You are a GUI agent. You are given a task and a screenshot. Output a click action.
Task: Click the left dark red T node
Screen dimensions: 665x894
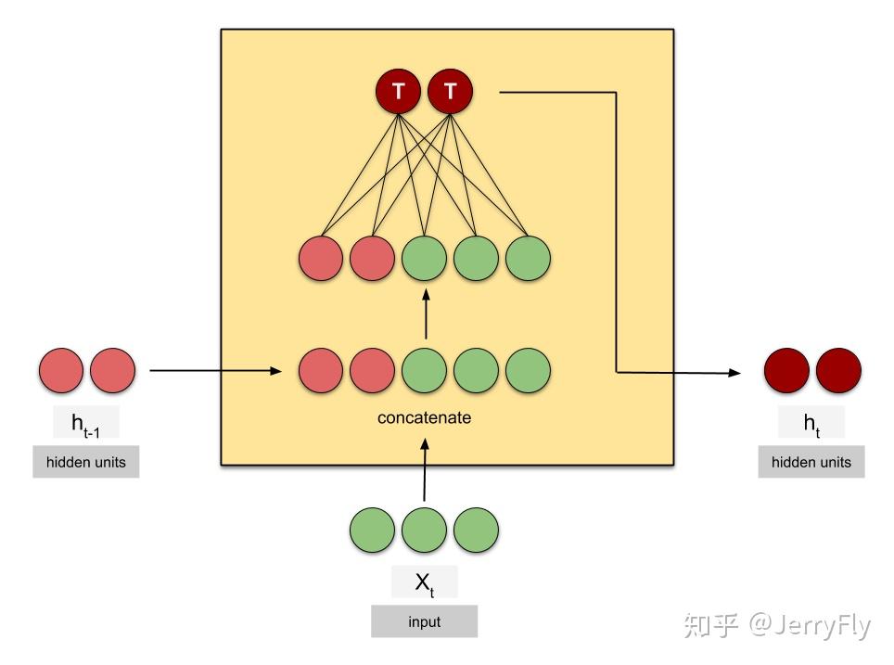click(x=398, y=91)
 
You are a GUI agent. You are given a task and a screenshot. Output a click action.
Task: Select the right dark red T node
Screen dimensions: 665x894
click(x=450, y=91)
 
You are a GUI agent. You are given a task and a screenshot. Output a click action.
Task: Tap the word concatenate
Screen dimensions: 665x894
click(x=424, y=417)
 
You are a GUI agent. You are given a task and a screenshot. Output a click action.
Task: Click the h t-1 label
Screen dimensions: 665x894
click(x=85, y=425)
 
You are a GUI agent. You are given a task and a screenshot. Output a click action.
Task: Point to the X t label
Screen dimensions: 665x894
click(x=424, y=582)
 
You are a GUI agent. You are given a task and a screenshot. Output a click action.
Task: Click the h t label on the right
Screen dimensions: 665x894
click(x=811, y=424)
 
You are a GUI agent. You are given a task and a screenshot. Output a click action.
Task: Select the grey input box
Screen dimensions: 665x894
click(x=424, y=621)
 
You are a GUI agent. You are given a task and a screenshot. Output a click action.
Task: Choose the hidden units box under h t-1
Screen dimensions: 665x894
click(x=85, y=462)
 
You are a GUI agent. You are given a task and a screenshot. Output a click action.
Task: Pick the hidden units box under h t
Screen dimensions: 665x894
click(x=811, y=462)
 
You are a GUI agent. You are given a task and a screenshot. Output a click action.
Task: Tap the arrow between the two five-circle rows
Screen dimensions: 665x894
click(x=425, y=315)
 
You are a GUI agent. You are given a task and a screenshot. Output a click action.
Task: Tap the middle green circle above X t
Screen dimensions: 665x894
click(x=424, y=530)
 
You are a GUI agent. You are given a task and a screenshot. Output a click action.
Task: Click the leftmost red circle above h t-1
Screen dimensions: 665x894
click(x=60, y=370)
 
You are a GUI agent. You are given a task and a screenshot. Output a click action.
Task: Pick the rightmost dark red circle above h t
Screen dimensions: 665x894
click(x=838, y=370)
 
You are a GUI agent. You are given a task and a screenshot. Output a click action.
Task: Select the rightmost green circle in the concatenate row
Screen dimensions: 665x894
click(x=528, y=370)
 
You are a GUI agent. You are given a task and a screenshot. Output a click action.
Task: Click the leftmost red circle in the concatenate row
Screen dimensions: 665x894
click(x=320, y=370)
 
